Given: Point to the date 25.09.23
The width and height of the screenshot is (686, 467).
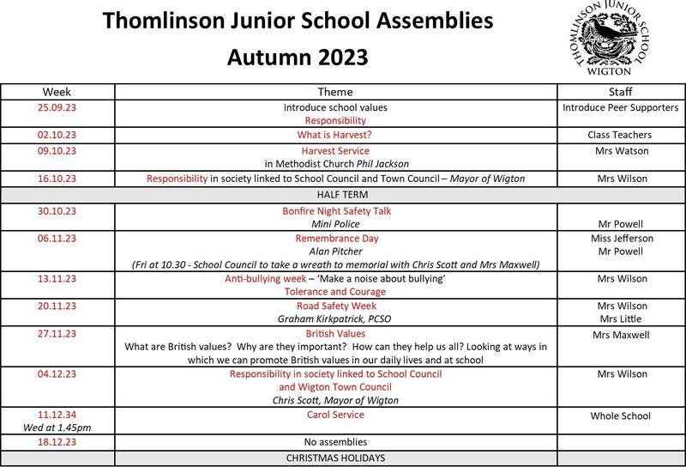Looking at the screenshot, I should click(57, 108).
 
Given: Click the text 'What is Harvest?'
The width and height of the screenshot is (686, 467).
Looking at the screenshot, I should click(335, 136).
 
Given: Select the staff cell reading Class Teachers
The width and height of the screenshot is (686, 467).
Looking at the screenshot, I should click(620, 136).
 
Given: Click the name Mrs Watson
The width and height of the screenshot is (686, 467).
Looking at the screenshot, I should click(620, 150).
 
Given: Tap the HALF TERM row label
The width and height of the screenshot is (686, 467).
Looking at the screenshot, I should click(342, 195).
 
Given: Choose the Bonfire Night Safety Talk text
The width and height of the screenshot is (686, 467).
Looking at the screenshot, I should click(335, 210).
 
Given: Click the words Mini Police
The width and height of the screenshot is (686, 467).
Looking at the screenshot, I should click(335, 224).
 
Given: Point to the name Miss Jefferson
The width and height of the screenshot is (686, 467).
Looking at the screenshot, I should click(622, 238).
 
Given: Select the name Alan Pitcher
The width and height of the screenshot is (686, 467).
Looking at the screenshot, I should click(335, 252).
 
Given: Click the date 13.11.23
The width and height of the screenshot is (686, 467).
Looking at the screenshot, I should click(57, 279).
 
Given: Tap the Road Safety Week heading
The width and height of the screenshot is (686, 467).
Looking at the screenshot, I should click(335, 306).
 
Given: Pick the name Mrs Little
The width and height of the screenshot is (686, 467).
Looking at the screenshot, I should click(620, 319).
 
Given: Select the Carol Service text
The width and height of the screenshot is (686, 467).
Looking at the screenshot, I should click(335, 415).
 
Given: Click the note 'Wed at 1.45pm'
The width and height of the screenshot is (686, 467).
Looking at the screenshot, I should click(57, 428).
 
